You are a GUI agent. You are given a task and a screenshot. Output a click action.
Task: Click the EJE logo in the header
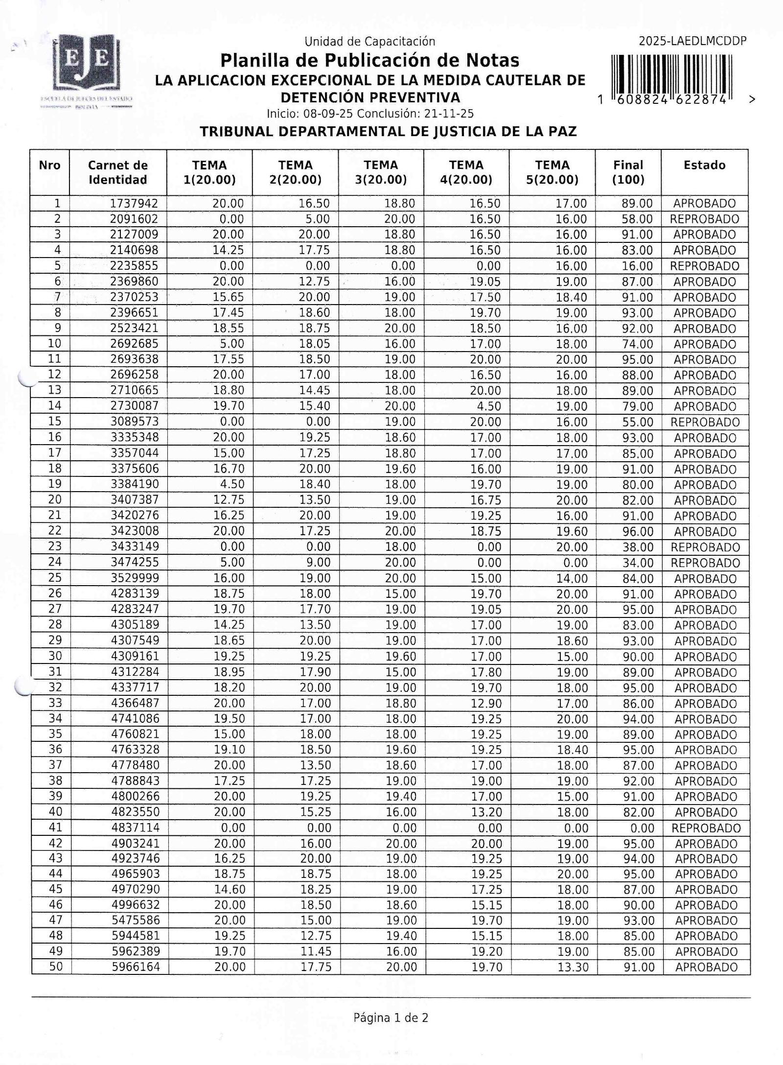point(87,66)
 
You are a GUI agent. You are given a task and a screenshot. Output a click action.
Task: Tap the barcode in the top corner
point(671,79)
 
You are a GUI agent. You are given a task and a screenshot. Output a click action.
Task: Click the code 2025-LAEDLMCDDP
point(692,41)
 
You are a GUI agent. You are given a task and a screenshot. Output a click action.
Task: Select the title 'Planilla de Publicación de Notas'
point(369,61)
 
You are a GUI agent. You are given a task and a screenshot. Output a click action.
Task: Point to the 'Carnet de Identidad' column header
point(117,172)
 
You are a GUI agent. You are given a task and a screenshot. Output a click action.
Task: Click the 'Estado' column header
point(704,166)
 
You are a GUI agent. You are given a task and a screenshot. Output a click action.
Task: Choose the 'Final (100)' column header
point(628,172)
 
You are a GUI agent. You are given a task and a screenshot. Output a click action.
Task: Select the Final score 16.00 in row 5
point(637,266)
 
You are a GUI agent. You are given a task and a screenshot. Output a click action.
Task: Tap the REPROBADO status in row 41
point(706,828)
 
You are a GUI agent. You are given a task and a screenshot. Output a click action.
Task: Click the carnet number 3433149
point(135,546)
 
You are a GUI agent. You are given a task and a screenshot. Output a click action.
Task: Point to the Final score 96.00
point(638,531)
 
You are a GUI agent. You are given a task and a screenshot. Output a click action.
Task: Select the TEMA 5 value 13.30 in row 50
point(573,967)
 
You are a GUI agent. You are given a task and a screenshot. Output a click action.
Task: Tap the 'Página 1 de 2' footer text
point(391,1018)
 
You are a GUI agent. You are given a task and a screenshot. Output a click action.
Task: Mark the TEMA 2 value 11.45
point(316,951)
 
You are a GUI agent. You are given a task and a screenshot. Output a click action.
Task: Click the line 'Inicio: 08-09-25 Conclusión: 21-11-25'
point(370,114)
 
